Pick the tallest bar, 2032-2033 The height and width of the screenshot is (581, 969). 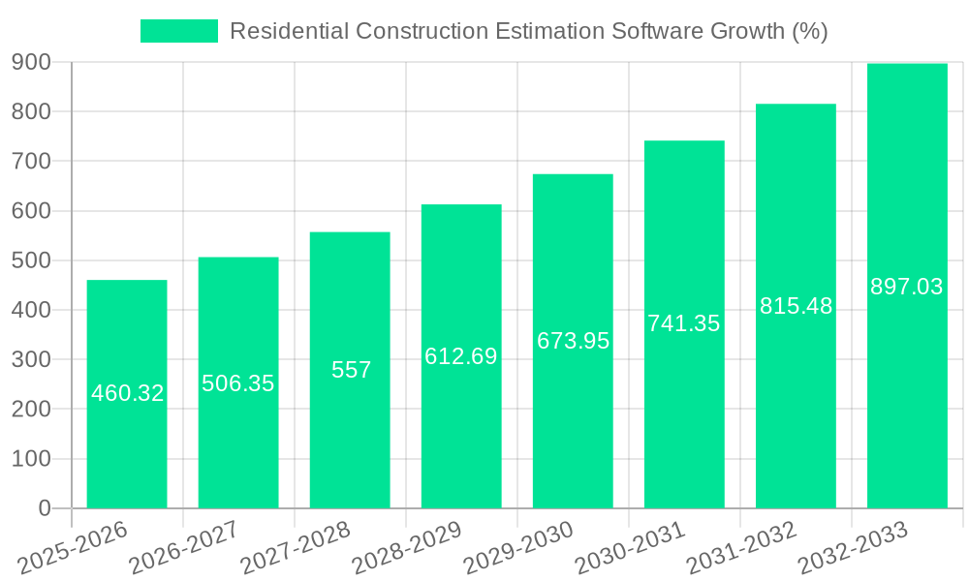pos(907,387)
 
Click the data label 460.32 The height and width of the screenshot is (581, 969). pos(127,393)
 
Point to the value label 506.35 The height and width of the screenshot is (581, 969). pos(238,383)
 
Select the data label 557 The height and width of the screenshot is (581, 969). pos(351,370)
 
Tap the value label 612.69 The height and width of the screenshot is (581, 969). pos(461,356)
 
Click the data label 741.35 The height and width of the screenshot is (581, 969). pos(684,323)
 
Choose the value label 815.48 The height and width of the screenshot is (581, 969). pos(796,306)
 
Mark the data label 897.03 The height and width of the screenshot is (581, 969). pos(907,287)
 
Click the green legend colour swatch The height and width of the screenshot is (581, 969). pos(179,31)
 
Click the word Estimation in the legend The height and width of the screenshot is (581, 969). pos(544,31)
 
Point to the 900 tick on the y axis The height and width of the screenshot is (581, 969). pos(31,63)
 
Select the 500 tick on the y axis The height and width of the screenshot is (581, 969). pos(31,260)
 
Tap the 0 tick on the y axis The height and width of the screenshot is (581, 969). pos(44,508)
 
